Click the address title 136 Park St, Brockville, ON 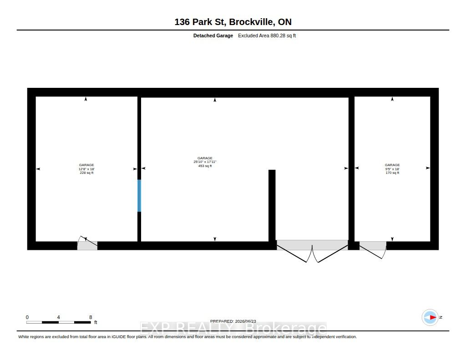tap(233, 22)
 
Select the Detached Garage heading tap(213, 35)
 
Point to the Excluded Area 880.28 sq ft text tap(267, 35)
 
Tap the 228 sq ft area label tap(86, 172)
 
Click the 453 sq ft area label tap(205, 166)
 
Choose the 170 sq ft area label tap(392, 172)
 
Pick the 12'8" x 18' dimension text tap(86, 169)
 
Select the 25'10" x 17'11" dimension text tap(205, 162)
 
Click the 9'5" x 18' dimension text tap(392, 169)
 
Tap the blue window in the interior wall tap(139, 196)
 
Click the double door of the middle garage tap(312, 251)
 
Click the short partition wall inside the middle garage tap(272, 206)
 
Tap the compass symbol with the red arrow tap(430, 318)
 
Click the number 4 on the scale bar tap(59, 317)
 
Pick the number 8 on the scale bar tap(91, 317)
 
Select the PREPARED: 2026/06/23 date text tap(233, 321)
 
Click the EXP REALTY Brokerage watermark tap(233, 329)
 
